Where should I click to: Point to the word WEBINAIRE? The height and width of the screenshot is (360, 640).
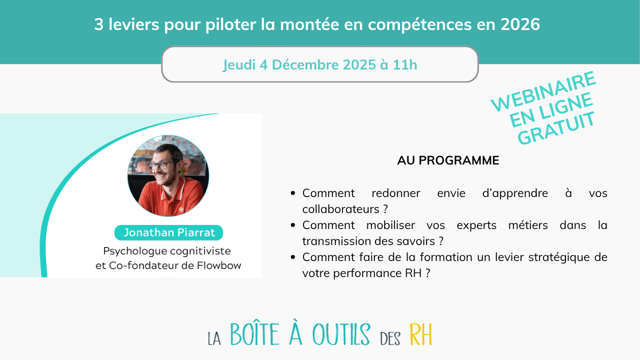[x=543, y=92]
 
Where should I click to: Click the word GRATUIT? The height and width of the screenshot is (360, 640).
[x=556, y=128]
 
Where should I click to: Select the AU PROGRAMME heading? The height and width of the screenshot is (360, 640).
[x=448, y=160]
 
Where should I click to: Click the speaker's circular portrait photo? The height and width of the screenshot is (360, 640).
[x=168, y=175]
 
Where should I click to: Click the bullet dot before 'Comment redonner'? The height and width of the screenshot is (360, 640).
[x=293, y=193]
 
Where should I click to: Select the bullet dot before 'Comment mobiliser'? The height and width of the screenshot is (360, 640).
[x=293, y=225]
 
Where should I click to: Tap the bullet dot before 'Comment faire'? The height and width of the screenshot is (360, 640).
[x=293, y=257]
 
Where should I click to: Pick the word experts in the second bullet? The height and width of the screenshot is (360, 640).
[x=447, y=225]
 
